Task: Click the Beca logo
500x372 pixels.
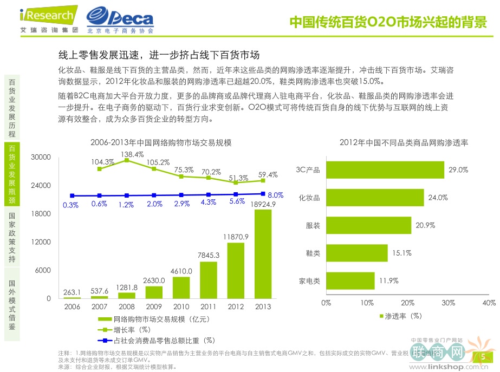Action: coord(120,20)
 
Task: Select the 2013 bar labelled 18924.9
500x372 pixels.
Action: coord(263,254)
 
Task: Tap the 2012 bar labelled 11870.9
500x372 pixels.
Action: coord(236,270)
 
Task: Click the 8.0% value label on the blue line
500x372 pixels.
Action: coord(276,195)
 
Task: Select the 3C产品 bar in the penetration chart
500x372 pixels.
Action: coord(385,170)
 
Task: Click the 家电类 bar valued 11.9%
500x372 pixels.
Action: coord(350,280)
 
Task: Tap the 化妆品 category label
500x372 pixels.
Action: coord(309,198)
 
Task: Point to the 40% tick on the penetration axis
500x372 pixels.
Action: coord(489,302)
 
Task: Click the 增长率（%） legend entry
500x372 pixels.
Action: coord(131,329)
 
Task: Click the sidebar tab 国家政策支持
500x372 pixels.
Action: coord(12,237)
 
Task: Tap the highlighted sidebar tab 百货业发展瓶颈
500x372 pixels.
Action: coord(12,174)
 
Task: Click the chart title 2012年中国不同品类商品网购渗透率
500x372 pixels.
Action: coord(404,142)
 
